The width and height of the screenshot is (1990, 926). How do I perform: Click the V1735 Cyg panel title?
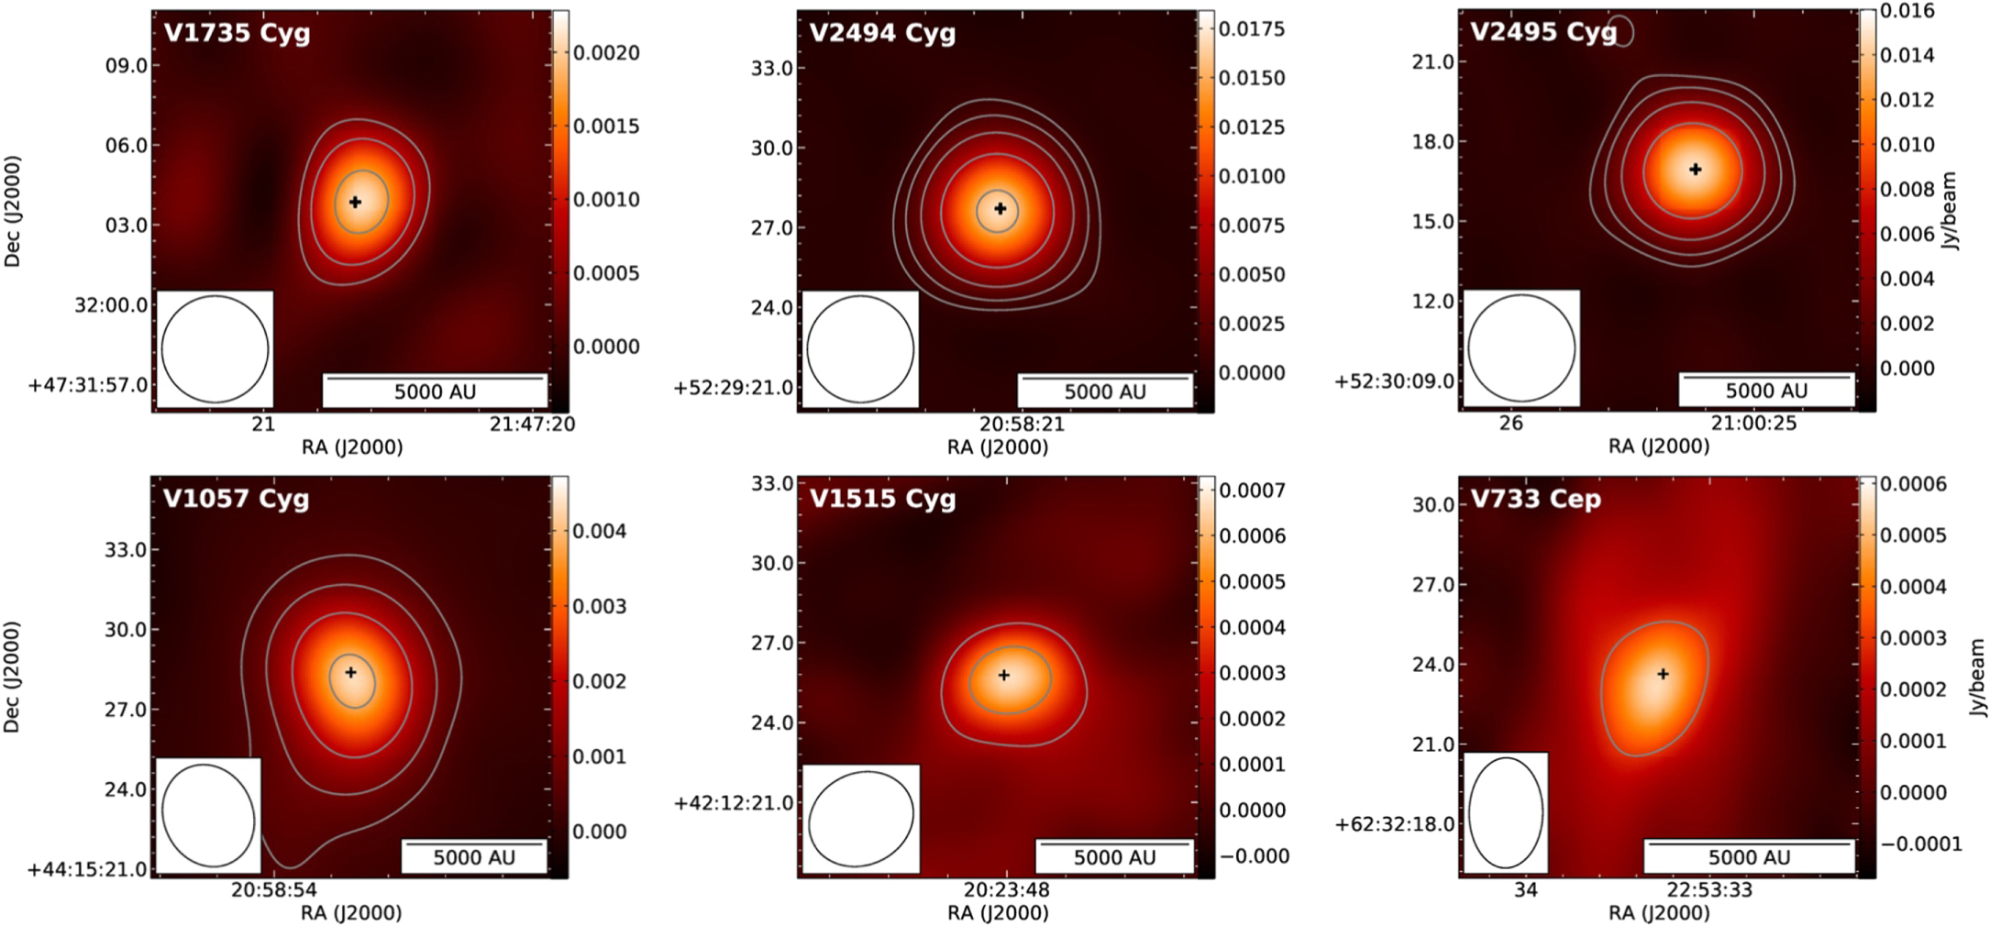coord(237,33)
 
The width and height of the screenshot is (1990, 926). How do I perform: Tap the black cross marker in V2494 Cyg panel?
coord(1000,209)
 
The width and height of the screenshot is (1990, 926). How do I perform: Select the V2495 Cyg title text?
coord(1543,32)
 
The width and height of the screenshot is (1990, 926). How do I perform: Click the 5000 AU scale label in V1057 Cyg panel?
coord(474,857)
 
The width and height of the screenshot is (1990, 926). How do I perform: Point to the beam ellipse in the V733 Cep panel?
coord(1506,812)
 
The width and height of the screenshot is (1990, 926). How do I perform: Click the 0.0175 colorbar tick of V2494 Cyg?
coord(1252,29)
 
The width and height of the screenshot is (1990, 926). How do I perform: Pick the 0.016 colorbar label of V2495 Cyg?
coord(1907,11)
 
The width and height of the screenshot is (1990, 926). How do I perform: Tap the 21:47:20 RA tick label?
coord(532,424)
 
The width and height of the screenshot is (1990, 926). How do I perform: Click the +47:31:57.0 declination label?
coord(88,385)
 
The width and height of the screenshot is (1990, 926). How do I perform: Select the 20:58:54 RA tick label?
coord(273,889)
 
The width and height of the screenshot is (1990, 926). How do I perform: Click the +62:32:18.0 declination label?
coord(1394,824)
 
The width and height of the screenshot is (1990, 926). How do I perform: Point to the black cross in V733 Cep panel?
coord(1663,674)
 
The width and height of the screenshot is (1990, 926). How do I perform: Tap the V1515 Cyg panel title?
coord(882,499)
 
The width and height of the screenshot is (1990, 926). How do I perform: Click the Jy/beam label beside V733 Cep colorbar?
coord(1978,678)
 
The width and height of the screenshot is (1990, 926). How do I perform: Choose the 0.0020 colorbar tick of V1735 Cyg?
coord(606,53)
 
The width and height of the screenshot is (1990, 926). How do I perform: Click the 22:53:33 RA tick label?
coord(1709,889)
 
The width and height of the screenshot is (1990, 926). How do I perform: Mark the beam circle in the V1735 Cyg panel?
coord(216,348)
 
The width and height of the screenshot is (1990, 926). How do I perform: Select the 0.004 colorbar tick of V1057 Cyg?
coord(599,532)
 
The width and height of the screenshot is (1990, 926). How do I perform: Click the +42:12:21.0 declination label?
coord(734,803)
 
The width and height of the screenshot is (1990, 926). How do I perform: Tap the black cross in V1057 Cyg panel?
coord(350,672)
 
